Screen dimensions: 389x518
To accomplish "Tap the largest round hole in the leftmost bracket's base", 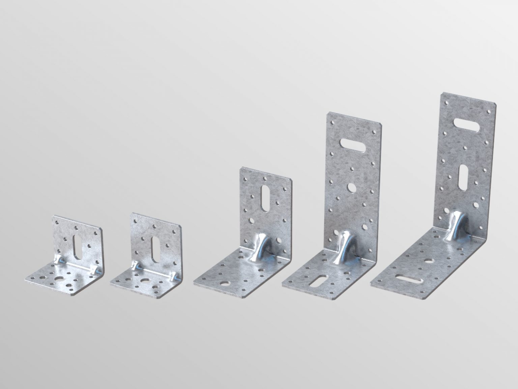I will [x=60, y=279].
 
